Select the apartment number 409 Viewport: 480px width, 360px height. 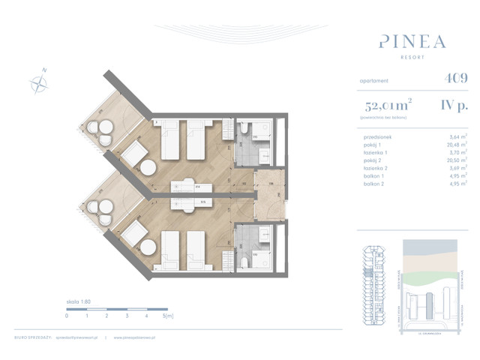tap(434, 77)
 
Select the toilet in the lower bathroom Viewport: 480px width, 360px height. tap(244, 260)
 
